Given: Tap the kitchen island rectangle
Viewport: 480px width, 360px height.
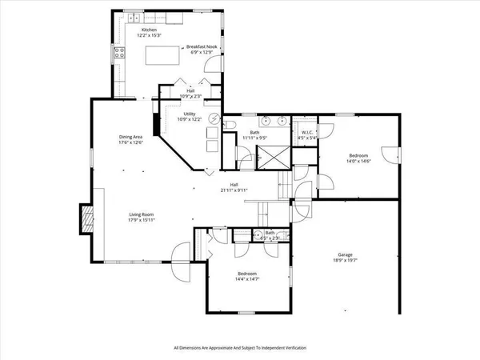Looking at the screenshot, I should coord(162,54).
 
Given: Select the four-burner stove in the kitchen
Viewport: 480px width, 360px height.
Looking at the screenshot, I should coord(121,54).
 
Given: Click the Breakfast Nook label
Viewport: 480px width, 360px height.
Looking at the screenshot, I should coord(202,47).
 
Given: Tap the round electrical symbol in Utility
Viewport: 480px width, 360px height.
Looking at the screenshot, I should coord(214,118).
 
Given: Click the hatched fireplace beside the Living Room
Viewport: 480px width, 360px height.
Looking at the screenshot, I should coord(85,217).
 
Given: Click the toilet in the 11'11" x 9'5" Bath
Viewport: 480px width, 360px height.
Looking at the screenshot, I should coord(227,126).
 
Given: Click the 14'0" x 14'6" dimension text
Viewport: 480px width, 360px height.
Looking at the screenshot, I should coord(358,162).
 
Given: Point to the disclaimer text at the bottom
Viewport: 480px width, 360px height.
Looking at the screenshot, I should coord(240,348).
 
